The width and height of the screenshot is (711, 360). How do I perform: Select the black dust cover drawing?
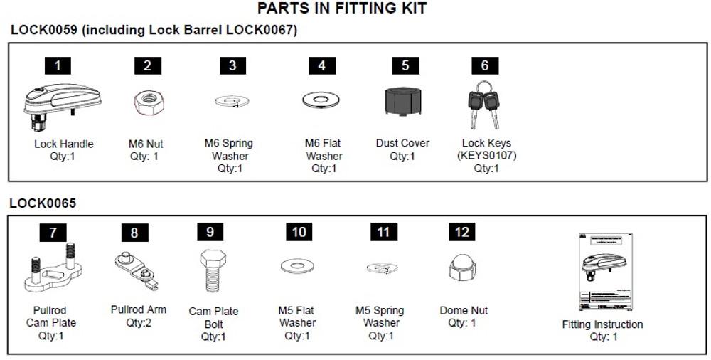[x=405, y=101]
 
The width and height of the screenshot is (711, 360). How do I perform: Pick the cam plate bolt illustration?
[x=211, y=270]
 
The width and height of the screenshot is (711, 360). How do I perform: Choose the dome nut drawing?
[x=462, y=267]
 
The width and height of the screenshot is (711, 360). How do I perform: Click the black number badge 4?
[x=322, y=65]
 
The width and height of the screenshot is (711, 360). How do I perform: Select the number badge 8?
[x=134, y=233]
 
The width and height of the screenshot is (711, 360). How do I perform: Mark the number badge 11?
[x=383, y=232]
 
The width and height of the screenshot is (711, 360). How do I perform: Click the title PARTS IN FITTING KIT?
[x=342, y=9]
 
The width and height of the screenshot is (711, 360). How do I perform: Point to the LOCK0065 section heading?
[x=43, y=203]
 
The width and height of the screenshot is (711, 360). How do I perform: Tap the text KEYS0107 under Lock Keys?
[x=487, y=156]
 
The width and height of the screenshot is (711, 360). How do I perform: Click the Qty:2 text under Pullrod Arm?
[x=139, y=322]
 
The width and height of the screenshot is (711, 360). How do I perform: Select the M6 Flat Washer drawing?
[x=321, y=100]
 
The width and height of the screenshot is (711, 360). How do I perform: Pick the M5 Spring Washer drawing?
[x=382, y=268]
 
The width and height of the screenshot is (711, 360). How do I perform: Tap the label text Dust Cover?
[x=402, y=143]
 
